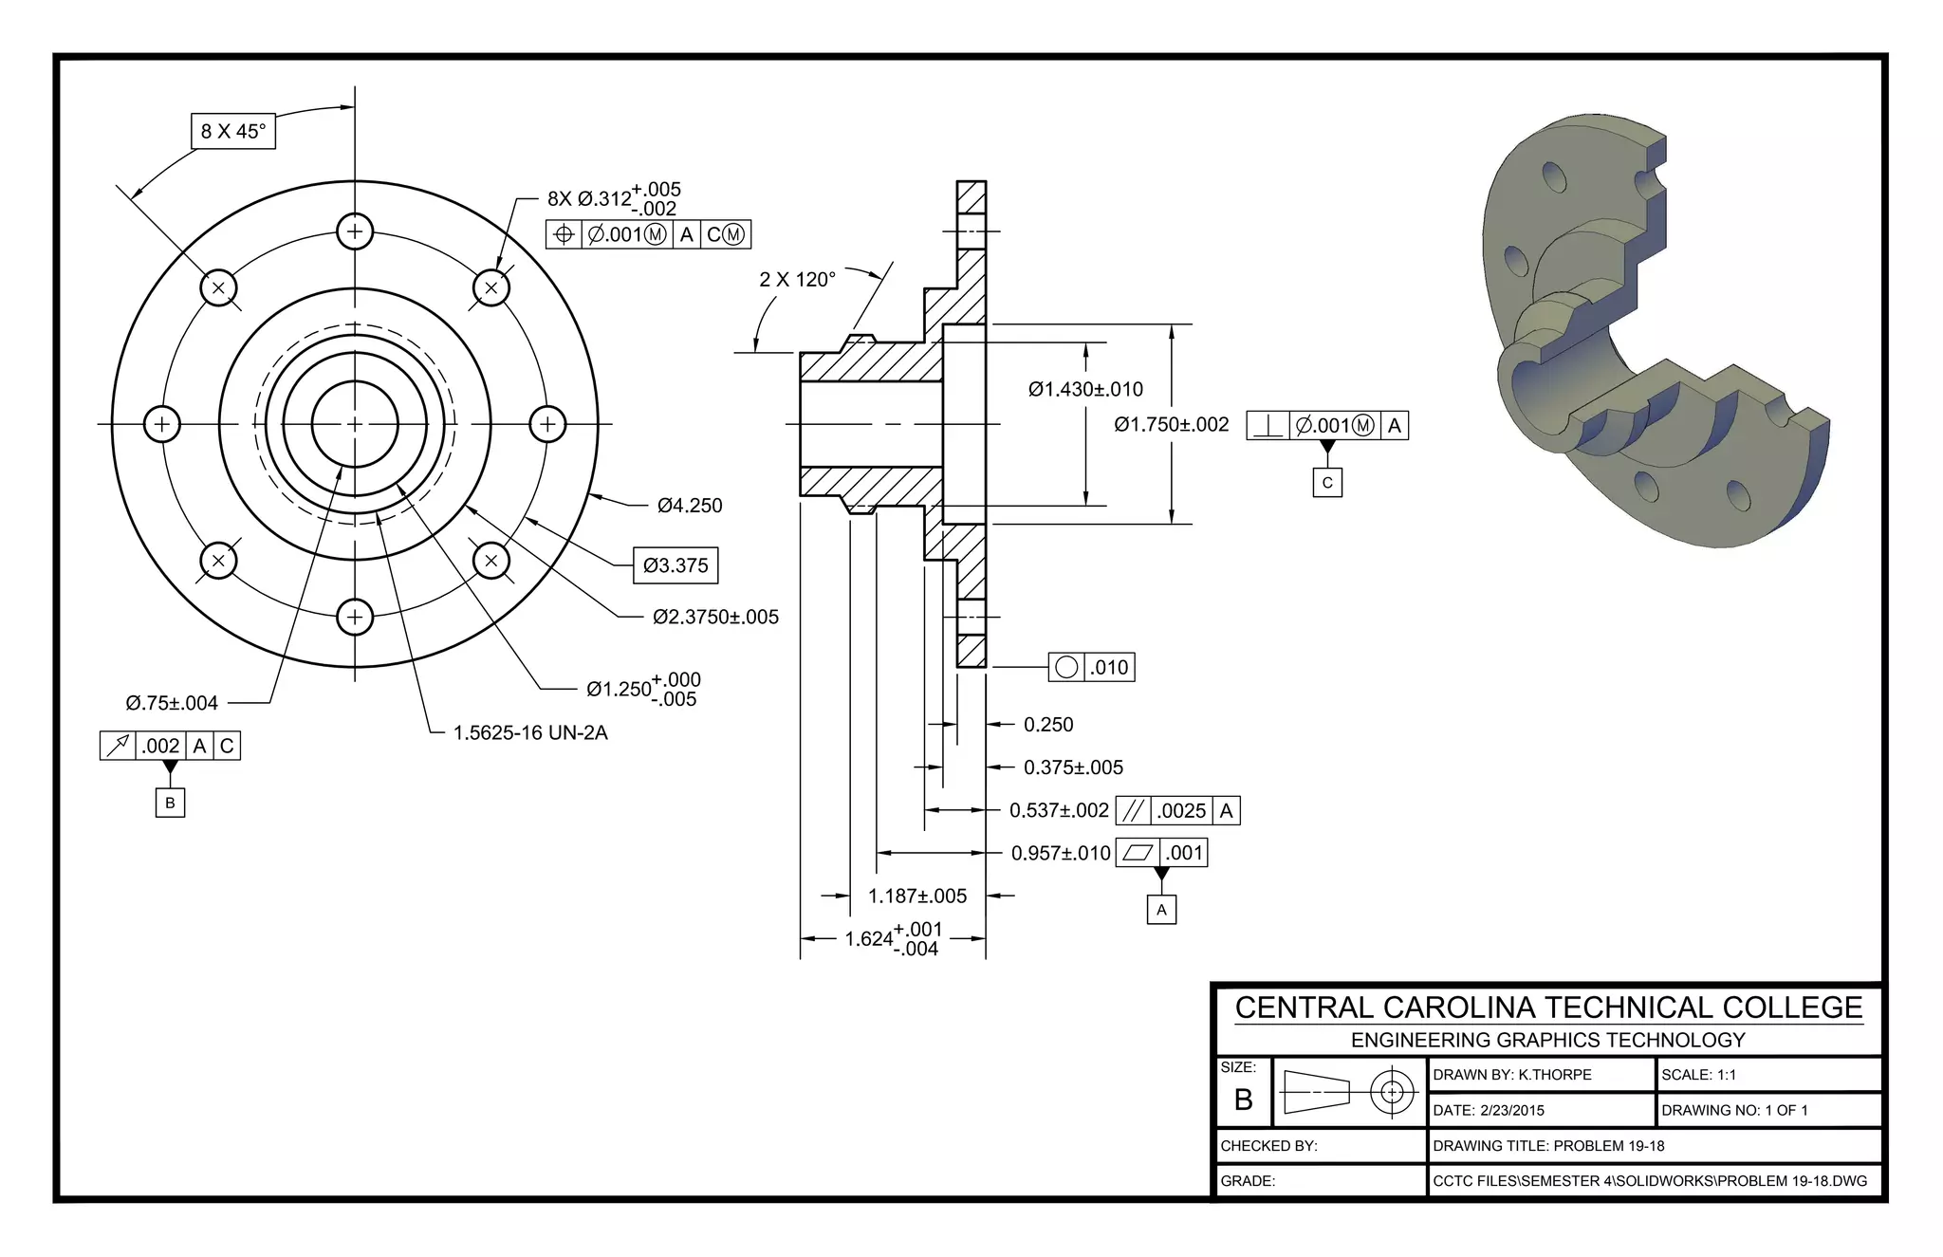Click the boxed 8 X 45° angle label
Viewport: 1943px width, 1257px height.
[233, 131]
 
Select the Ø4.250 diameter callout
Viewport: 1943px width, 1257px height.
[690, 506]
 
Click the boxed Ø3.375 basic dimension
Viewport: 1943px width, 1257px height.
[675, 565]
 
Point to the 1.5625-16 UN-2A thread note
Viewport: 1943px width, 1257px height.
[530, 732]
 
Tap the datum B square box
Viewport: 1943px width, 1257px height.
[170, 803]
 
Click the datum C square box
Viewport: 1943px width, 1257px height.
[1327, 482]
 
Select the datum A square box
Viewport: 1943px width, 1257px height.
[1161, 910]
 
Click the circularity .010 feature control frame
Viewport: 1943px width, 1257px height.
[1091, 667]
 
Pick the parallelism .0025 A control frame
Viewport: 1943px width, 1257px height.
[1178, 810]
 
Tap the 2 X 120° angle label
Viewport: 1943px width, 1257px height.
[797, 280]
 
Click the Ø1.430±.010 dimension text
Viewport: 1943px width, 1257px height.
[1085, 389]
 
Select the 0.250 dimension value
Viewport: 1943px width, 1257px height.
[1048, 725]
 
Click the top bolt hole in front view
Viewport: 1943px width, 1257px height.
[355, 231]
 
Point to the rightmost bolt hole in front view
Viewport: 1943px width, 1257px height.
[547, 424]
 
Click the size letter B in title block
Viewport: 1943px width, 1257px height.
[1244, 1100]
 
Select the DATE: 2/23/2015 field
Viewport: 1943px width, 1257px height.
[1489, 1110]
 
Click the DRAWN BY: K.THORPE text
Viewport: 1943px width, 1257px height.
[1512, 1075]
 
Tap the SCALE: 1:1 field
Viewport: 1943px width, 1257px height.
[1698, 1075]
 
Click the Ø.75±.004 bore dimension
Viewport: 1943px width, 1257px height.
[172, 703]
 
